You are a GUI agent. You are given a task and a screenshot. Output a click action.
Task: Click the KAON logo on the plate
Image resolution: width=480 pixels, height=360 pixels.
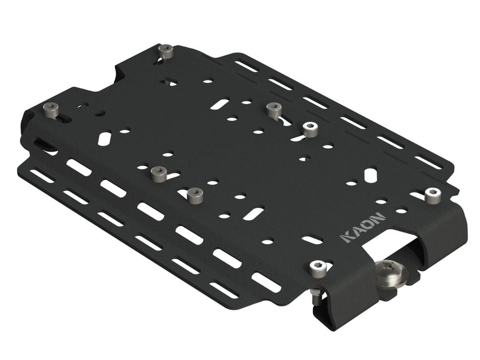tap(363, 228)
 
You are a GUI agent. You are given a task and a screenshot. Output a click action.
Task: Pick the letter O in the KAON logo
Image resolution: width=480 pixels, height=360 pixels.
tap(369, 224)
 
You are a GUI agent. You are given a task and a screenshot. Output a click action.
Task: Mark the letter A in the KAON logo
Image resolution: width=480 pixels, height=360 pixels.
tap(357, 231)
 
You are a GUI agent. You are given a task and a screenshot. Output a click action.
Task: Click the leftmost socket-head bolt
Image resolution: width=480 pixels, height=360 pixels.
tap(51, 110)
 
